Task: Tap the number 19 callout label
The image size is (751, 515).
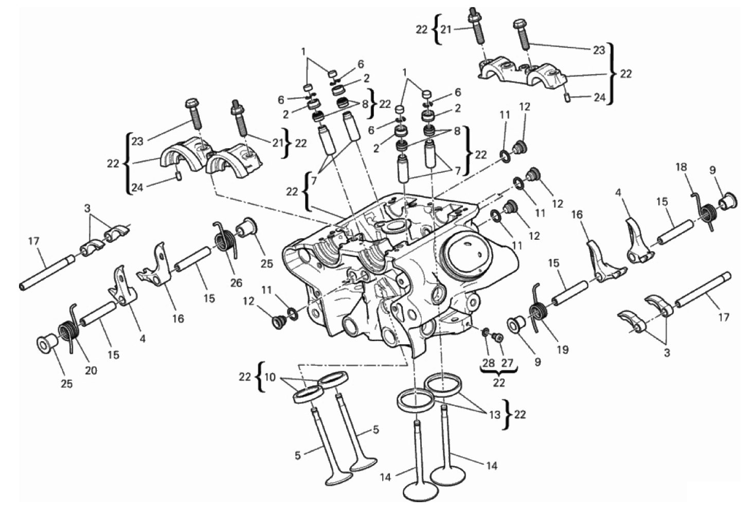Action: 562,349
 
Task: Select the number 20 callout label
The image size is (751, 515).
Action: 91,370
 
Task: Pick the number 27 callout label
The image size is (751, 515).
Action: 507,363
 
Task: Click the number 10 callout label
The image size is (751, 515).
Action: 270,377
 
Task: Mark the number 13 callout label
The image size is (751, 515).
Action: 494,414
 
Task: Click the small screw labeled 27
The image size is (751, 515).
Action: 498,337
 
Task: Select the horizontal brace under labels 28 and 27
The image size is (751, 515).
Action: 498,370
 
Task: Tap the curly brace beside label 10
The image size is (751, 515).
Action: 260,377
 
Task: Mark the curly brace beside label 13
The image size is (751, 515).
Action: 508,414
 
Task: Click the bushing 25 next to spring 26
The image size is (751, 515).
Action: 247,227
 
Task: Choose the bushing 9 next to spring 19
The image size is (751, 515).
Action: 516,325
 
